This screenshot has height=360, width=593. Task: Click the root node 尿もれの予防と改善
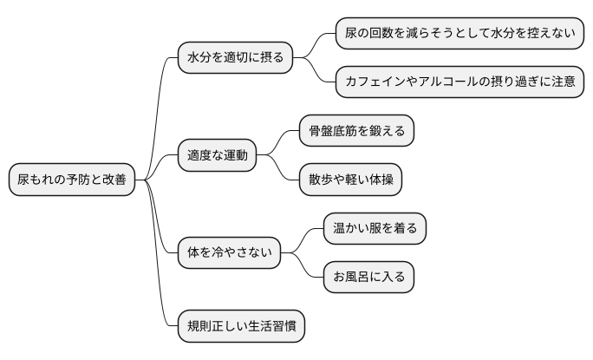[x=72, y=180]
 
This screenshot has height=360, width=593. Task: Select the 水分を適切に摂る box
[x=235, y=58]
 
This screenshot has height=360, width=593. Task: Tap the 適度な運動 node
[x=218, y=156]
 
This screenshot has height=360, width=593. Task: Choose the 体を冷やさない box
[x=229, y=253]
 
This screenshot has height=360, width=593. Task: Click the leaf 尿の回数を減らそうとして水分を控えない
[x=459, y=34]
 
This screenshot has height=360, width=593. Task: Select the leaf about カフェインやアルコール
[x=459, y=82]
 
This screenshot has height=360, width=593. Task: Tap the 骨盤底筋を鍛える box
[x=355, y=132]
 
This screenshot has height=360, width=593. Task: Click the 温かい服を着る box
[x=375, y=229]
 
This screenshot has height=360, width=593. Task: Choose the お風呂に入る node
[x=368, y=278]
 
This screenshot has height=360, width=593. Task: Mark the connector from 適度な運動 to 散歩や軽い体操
[x=278, y=171]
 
